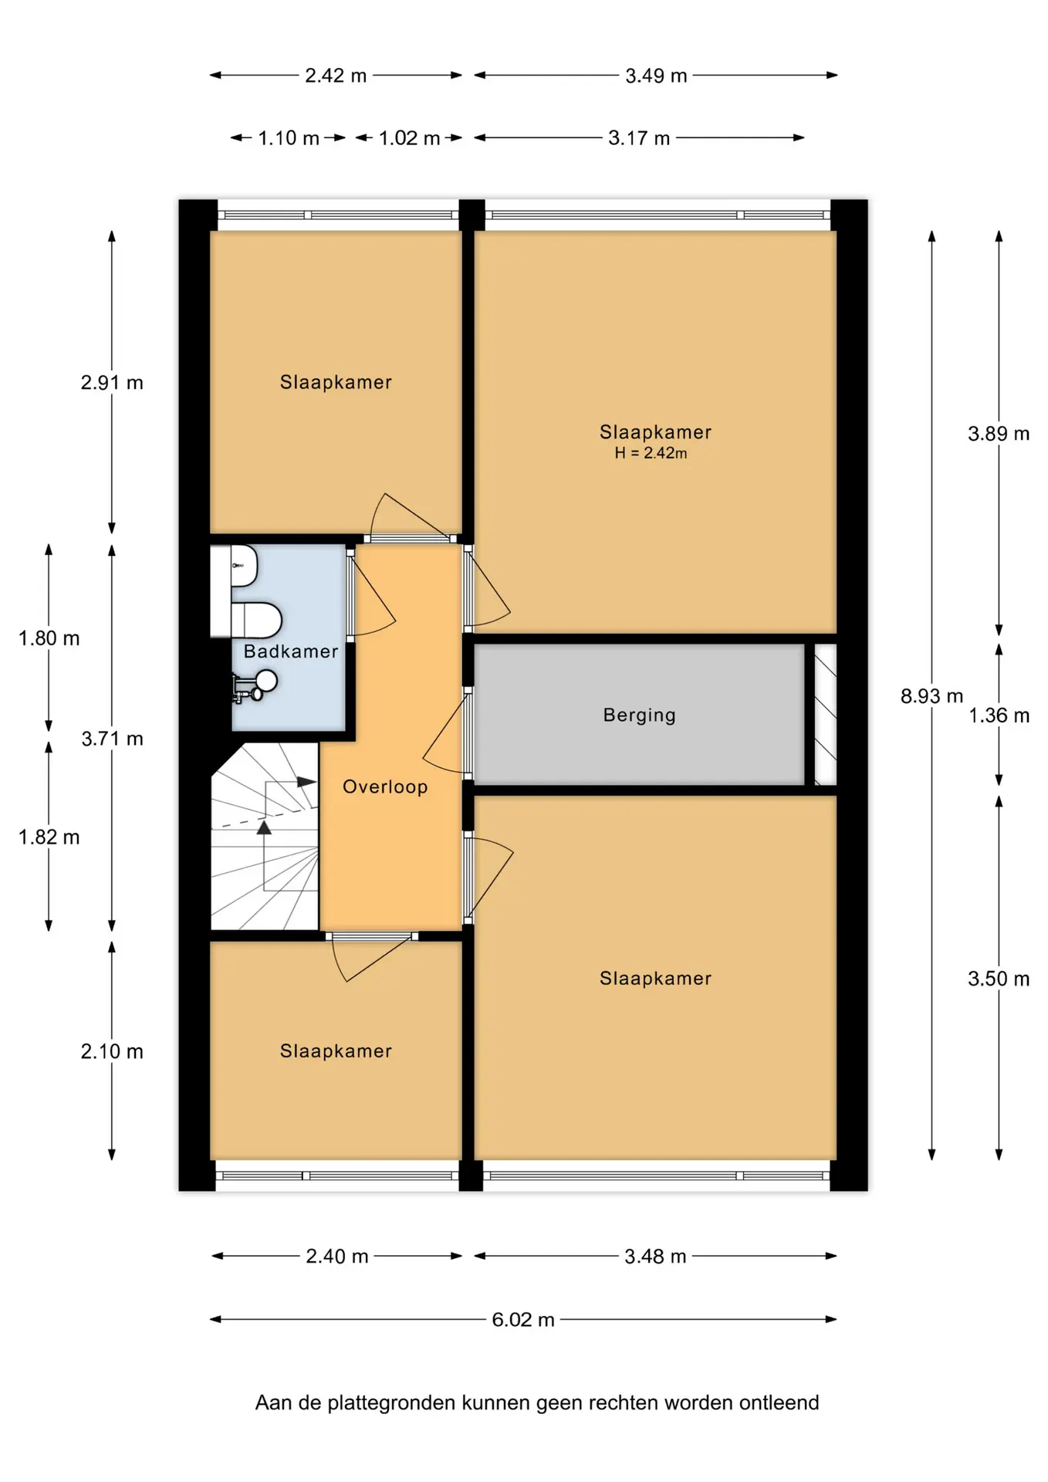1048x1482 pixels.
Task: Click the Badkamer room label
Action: click(x=291, y=651)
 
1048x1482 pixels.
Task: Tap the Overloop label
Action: click(x=385, y=787)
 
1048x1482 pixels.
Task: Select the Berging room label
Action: click(x=639, y=716)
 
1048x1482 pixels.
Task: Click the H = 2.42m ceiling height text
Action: click(x=651, y=453)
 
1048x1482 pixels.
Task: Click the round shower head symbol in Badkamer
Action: click(x=266, y=681)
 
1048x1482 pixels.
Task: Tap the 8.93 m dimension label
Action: click(x=931, y=696)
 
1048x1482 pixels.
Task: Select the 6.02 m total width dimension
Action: click(x=523, y=1320)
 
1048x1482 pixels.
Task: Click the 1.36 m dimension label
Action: click(x=999, y=716)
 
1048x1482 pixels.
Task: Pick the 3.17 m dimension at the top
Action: click(x=639, y=138)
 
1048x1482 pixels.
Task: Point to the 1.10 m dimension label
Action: click(x=289, y=138)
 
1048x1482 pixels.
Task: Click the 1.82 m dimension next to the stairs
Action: click(x=49, y=837)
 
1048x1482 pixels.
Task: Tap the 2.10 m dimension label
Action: click(x=112, y=1051)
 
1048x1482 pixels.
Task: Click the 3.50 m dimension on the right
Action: click(x=999, y=979)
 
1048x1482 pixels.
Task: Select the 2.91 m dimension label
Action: click(x=112, y=383)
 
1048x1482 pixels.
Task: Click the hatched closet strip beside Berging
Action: click(x=826, y=715)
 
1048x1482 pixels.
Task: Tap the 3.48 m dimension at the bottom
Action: click(x=655, y=1257)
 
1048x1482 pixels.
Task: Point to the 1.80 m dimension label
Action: click(x=49, y=638)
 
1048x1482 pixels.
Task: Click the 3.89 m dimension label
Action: click(x=999, y=434)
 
